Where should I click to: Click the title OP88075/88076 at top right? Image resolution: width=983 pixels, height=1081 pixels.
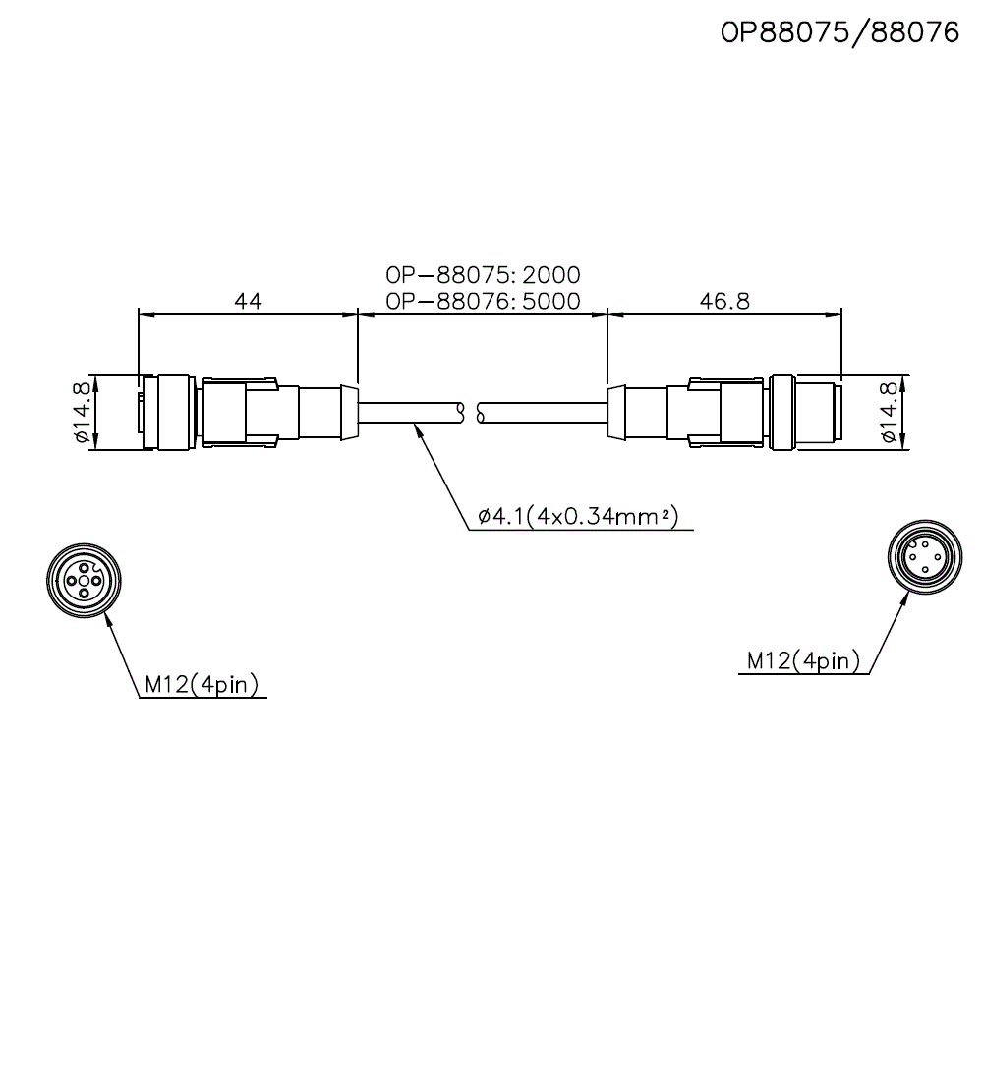point(839,33)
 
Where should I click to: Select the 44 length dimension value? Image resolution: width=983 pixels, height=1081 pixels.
point(248,301)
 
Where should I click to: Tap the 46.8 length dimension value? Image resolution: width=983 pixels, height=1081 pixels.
point(723,301)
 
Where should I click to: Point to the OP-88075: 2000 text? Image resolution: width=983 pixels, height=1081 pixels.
point(483,274)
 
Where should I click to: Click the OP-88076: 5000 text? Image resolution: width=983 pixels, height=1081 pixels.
point(483,301)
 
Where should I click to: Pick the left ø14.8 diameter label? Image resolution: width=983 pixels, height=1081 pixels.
point(82,413)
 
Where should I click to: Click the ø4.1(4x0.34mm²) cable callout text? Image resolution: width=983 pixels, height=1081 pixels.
point(578,516)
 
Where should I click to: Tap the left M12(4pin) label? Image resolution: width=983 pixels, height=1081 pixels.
point(201,685)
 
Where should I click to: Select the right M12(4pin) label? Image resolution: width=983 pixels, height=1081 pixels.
point(802,660)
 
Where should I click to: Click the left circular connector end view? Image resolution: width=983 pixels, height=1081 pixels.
point(83,581)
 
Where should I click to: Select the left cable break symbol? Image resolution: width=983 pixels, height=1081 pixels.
point(462,412)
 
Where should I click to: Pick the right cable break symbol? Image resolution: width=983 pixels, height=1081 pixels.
point(480,412)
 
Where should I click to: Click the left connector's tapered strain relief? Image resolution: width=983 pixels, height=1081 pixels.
point(347,412)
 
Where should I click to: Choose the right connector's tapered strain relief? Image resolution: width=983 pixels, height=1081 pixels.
point(616,412)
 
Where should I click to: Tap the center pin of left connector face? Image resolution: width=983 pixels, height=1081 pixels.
point(83,581)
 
